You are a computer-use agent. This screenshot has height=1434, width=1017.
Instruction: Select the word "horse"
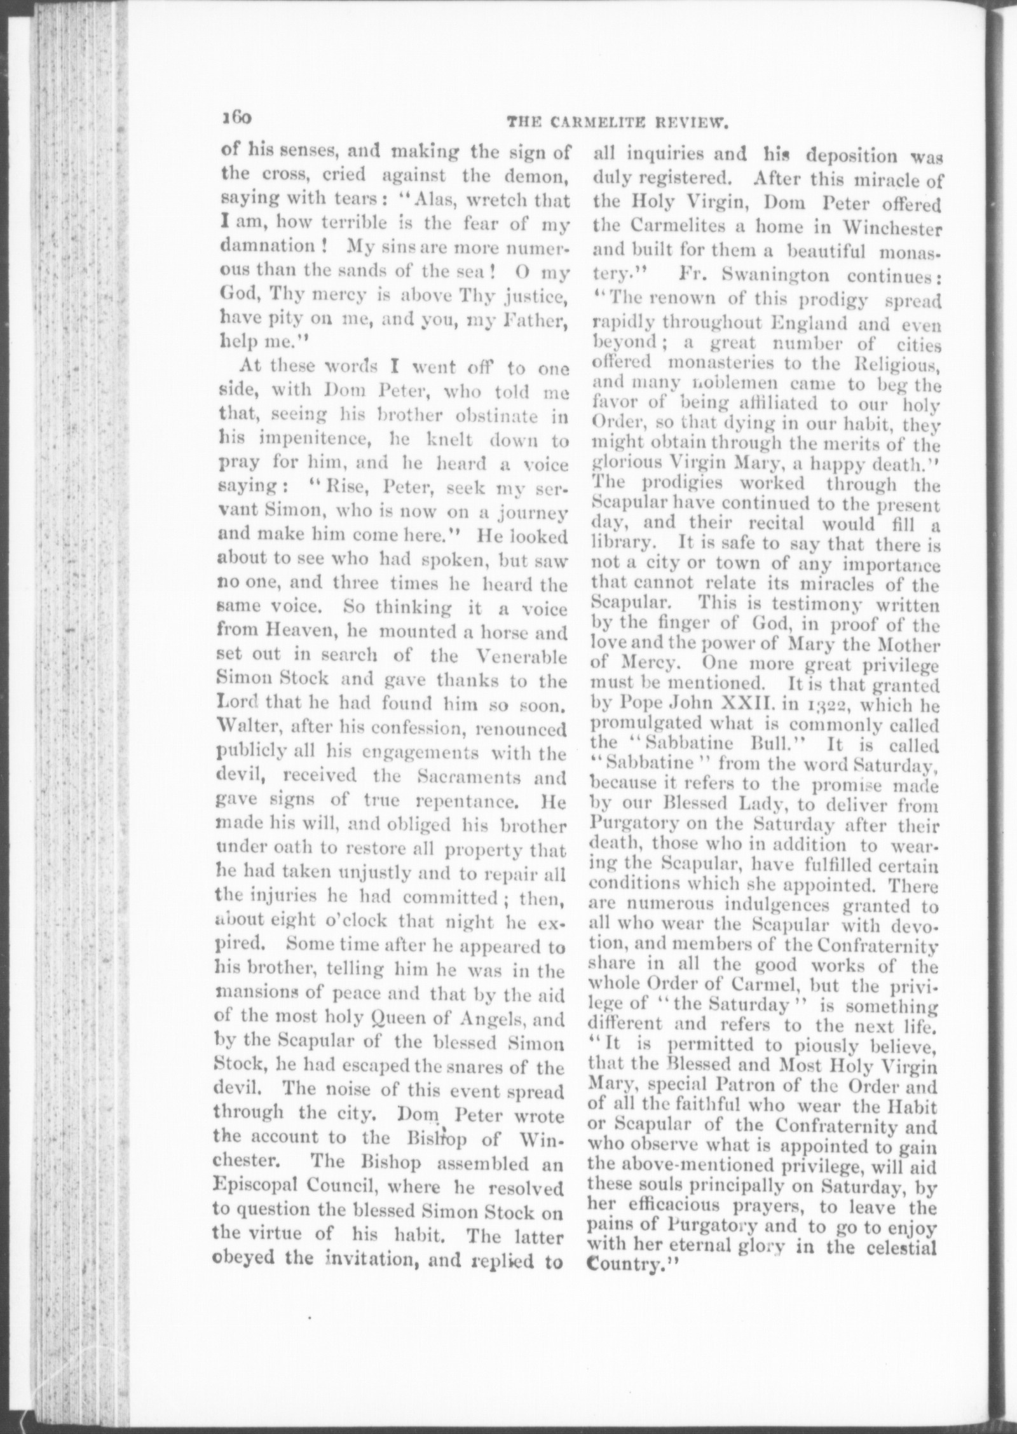coord(500,633)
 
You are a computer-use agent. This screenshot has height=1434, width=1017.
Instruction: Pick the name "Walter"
coord(242,728)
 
